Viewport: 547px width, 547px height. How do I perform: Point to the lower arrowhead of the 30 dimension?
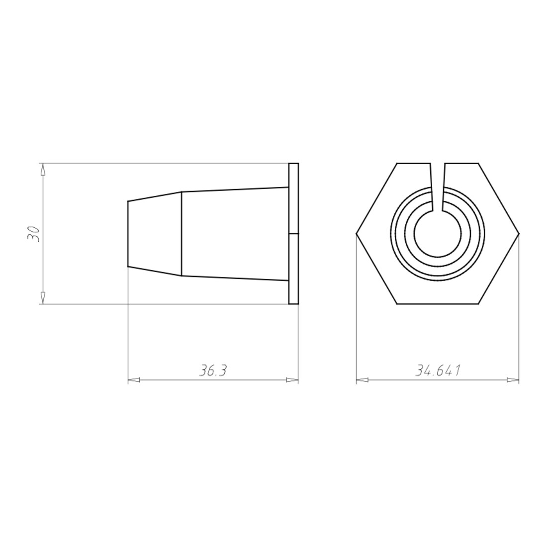click(43, 297)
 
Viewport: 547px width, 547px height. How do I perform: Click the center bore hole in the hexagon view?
click(438, 233)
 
